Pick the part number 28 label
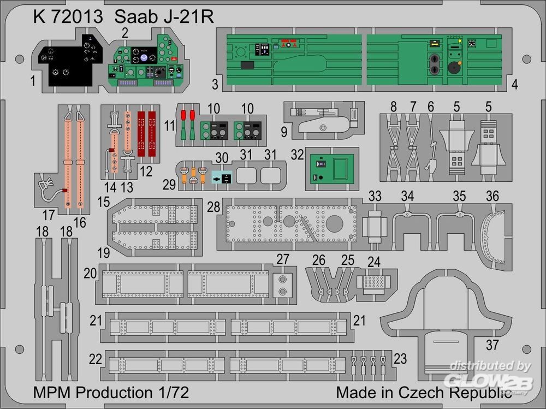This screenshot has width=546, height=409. click(x=214, y=208)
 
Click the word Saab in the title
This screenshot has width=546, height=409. click(x=133, y=17)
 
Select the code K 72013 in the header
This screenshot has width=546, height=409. click(x=68, y=17)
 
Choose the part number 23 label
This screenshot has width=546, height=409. click(x=400, y=358)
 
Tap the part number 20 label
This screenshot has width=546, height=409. click(x=91, y=273)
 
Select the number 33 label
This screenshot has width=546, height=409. click(x=375, y=195)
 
